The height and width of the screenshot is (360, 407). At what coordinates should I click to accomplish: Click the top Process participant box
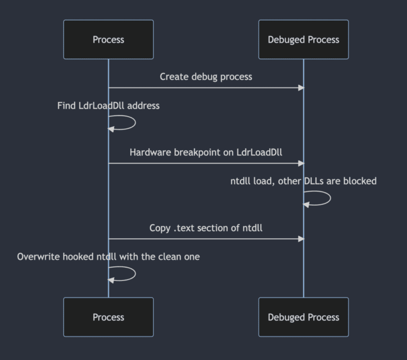[x=108, y=39]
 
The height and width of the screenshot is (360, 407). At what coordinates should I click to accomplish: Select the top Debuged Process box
[x=303, y=39]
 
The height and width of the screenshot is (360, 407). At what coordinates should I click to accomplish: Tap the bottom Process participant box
[x=108, y=317]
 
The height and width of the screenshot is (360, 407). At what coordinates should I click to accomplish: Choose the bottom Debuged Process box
[x=303, y=317]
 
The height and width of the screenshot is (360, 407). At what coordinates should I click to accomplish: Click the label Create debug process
[x=206, y=77]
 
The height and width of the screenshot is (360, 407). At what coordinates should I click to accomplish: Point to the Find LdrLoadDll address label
[x=108, y=106]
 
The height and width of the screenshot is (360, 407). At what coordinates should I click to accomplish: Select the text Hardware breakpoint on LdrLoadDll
[x=206, y=152]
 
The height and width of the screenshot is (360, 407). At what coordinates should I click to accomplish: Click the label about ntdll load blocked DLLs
[x=303, y=181]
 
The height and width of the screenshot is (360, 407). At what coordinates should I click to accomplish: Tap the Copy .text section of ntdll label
[x=206, y=228]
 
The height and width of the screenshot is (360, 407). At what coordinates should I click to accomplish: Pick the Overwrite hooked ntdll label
[x=108, y=257]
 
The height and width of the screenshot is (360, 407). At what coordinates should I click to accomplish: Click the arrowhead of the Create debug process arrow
[x=301, y=87]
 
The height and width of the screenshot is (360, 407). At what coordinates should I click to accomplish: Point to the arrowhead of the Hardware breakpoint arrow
[x=301, y=163]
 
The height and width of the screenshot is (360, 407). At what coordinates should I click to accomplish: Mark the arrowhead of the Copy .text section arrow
[x=301, y=239]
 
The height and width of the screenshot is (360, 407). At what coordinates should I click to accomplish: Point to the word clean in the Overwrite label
[x=170, y=257]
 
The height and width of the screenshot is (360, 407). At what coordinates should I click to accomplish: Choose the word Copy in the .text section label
[x=160, y=228]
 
